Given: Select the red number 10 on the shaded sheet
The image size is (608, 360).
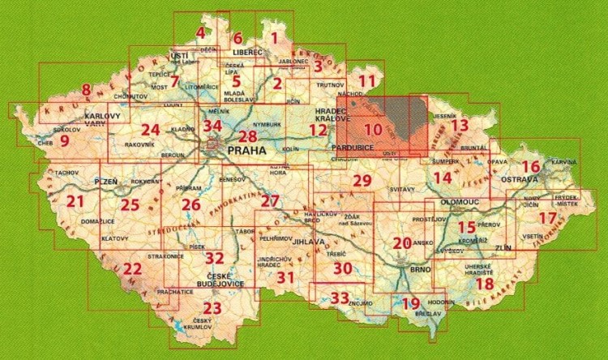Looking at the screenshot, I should (373, 129).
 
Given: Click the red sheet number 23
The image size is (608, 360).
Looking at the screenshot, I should (212, 308).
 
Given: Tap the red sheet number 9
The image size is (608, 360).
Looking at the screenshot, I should (64, 139).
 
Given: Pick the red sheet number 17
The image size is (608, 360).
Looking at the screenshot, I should (549, 218).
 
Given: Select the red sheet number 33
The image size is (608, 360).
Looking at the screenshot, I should (340, 298).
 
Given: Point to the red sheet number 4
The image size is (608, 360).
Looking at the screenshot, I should (200, 33).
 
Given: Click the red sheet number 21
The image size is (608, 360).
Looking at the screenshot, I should (76, 202).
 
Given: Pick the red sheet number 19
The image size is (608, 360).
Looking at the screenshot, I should (411, 303).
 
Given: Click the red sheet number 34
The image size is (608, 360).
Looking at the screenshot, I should (212, 126).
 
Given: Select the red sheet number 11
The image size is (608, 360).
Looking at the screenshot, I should (367, 81).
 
